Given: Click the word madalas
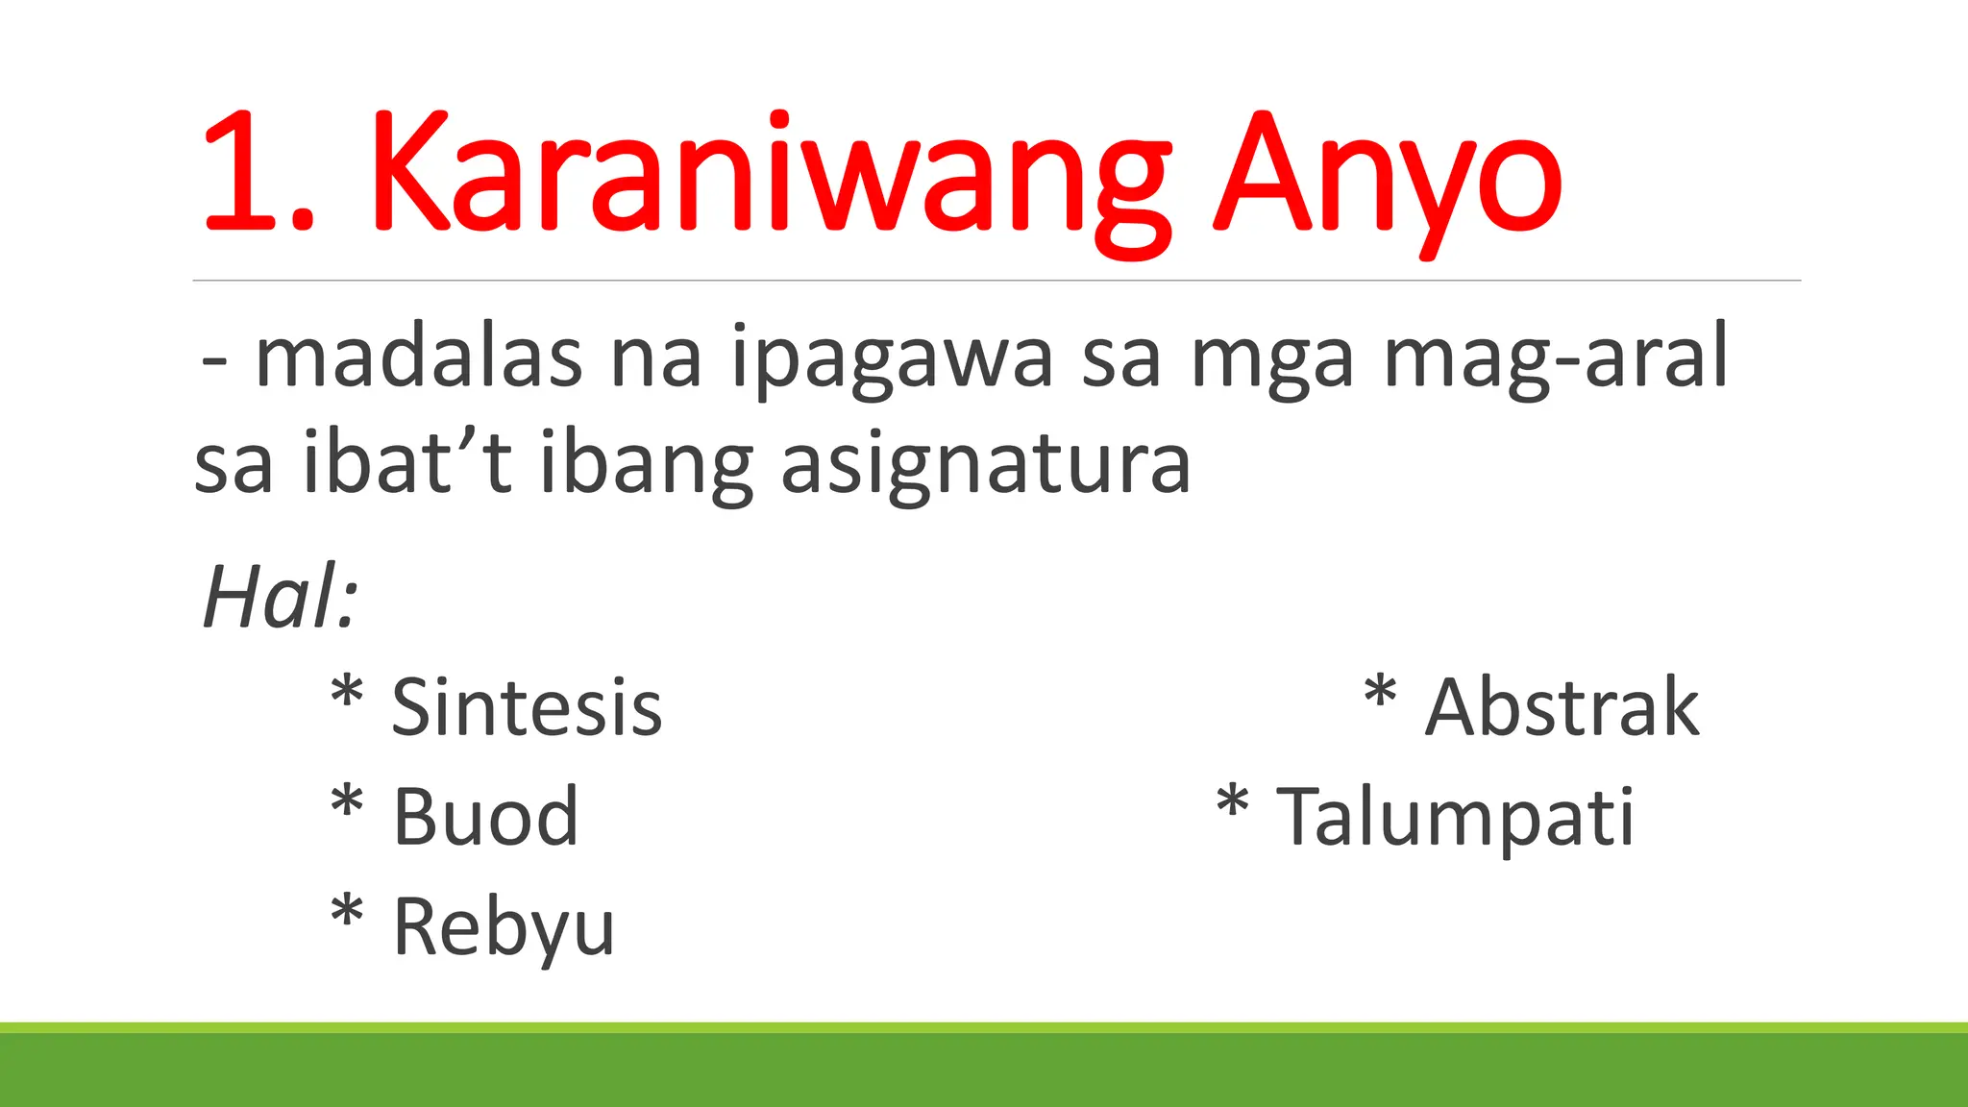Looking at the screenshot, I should pos(419,357).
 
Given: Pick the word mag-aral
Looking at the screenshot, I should pos(1556,357).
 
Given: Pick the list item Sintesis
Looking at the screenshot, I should pos(527,708).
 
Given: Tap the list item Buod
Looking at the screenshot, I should pos(485,818).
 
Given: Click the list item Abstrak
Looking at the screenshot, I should pos(1562,708).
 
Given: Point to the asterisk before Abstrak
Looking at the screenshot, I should pos(1380,694).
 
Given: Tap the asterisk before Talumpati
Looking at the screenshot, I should pos(1232,803).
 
